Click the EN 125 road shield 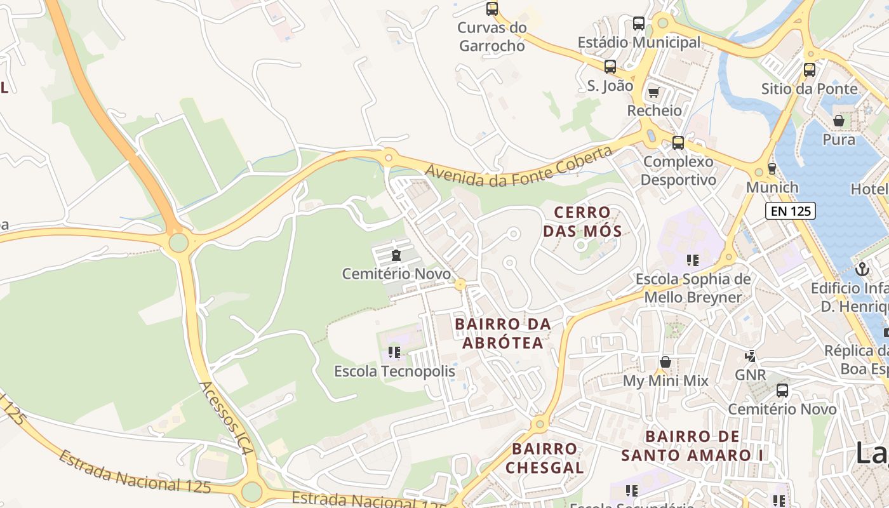(790, 211)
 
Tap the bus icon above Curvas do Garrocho (492, 9)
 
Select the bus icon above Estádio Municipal (639, 24)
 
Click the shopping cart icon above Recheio (653, 92)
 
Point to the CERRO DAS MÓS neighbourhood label (582, 221)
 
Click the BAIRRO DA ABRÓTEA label (503, 333)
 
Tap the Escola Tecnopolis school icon (394, 352)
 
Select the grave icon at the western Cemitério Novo (396, 256)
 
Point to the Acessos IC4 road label (226, 418)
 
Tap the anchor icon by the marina (862, 269)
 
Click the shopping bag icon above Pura (839, 120)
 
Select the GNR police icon (751, 356)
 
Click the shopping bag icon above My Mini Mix (665, 362)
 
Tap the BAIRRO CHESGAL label (545, 458)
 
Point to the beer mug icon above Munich (772, 169)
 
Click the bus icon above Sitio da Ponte (809, 70)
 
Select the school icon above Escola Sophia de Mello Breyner (693, 260)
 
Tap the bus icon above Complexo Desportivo (678, 143)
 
